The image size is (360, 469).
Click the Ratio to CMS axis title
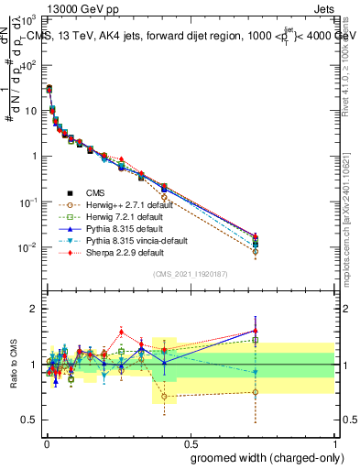[12, 364]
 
